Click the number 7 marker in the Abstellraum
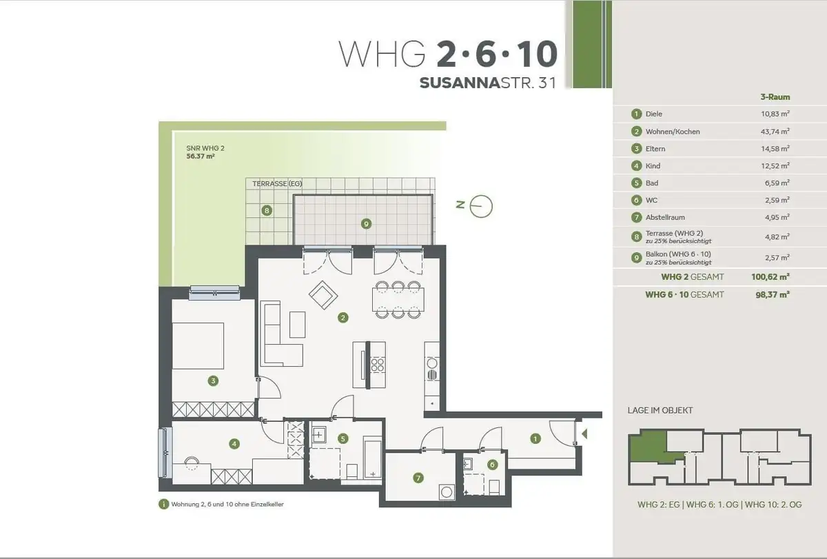click(x=418, y=478)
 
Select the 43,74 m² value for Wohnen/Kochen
click(x=775, y=132)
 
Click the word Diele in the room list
click(x=654, y=114)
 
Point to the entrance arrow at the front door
click(x=584, y=434)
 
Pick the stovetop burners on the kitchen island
click(x=378, y=365)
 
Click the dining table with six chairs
click(x=398, y=299)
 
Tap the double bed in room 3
click(x=198, y=346)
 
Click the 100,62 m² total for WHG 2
click(x=770, y=277)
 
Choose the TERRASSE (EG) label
click(x=277, y=183)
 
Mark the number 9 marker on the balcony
click(x=366, y=224)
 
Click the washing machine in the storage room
click(x=447, y=492)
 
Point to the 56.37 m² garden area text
click(x=201, y=156)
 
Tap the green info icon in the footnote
click(x=163, y=504)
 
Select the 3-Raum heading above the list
click(x=775, y=97)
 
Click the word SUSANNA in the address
click(x=460, y=83)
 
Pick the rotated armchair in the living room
click(x=323, y=294)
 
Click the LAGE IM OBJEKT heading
click(x=660, y=411)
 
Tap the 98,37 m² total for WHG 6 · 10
click(x=773, y=294)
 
